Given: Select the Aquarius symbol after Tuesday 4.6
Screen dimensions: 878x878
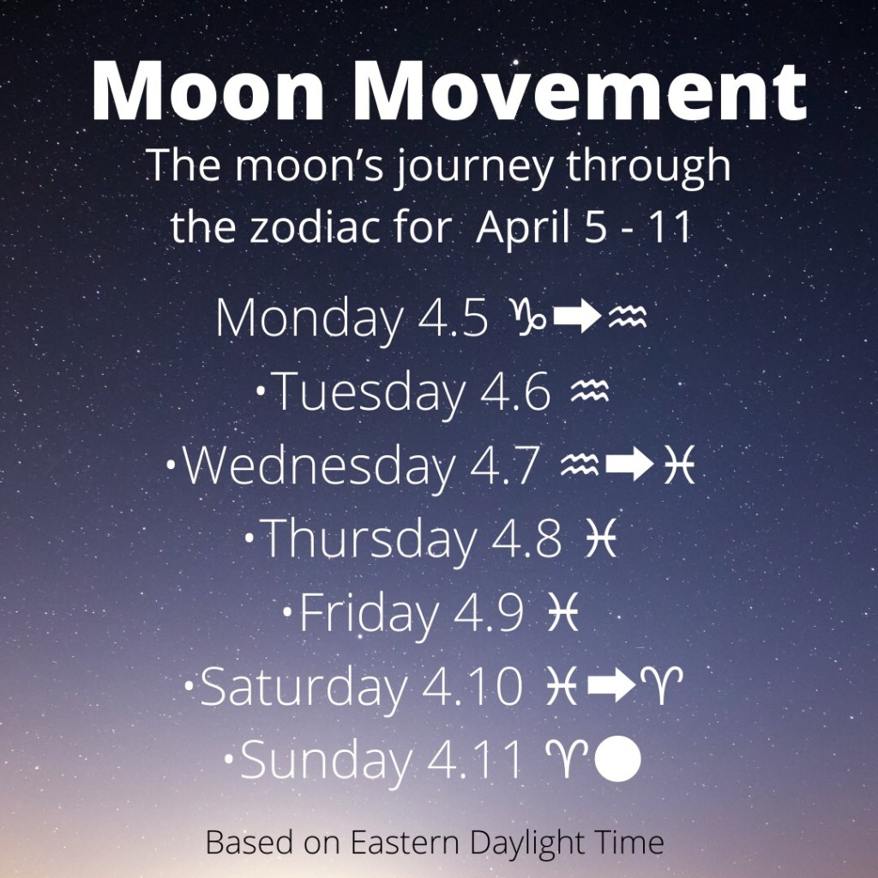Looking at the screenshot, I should click(589, 393).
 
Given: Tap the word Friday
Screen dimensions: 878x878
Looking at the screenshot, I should click(368, 614).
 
